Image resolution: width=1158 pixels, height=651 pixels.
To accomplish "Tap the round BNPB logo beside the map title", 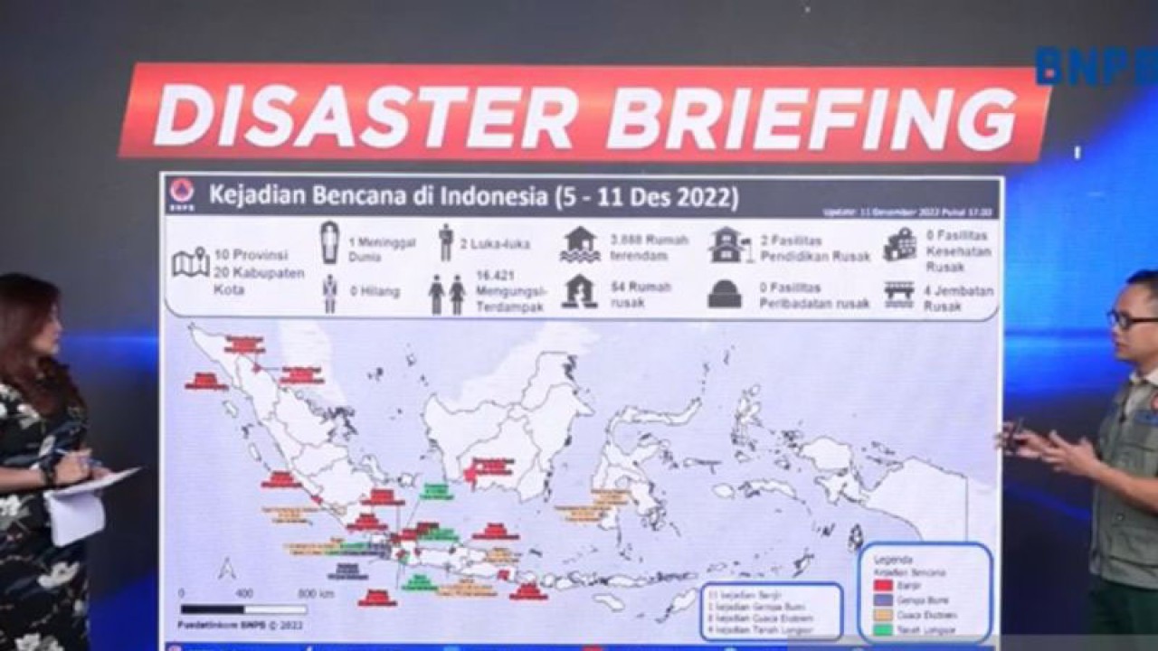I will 182,193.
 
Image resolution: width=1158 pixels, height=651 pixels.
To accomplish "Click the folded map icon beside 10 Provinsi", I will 190,262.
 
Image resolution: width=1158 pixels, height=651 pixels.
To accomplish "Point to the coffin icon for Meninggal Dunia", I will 329,242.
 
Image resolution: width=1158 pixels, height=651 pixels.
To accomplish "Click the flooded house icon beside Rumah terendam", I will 580,244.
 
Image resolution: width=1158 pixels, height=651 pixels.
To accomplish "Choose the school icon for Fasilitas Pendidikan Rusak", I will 729,245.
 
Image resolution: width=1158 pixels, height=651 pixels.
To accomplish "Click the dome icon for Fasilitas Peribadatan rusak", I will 725,294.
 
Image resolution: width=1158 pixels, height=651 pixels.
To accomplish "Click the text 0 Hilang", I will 370,292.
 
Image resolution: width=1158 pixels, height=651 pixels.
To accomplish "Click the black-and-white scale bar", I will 243,609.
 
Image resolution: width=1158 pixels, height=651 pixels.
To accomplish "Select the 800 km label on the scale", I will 316,594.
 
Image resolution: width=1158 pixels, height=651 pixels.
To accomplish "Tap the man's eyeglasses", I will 1131,319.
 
